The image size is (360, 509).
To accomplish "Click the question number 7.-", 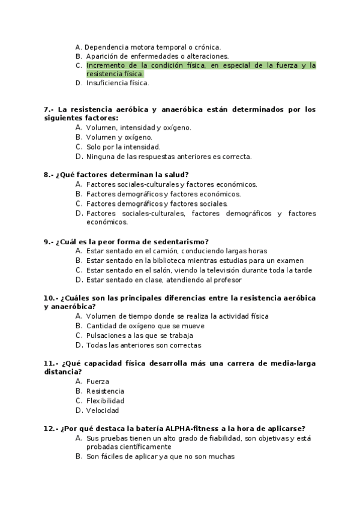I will (49, 110).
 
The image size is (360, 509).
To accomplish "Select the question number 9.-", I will (49, 241).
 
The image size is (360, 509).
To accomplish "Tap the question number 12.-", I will (51, 429).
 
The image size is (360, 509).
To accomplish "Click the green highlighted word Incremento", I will (105, 65).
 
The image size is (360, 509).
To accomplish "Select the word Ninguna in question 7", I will (100, 157).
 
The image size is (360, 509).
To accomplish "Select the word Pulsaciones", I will (106, 336).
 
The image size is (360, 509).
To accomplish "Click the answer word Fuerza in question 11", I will (97, 382).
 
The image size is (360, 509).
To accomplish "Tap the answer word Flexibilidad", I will (105, 401).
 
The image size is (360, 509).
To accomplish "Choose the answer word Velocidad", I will (103, 411).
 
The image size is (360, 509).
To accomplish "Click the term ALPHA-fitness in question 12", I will (191, 429).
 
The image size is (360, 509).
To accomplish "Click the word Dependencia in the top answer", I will (108, 47).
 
